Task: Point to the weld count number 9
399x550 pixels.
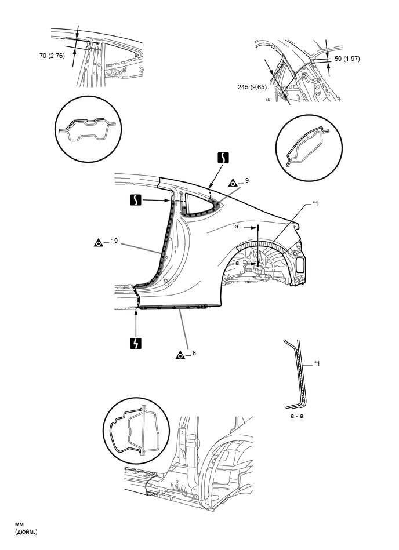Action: tap(246, 181)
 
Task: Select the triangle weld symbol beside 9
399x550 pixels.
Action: tap(232, 181)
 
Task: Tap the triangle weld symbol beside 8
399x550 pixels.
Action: tap(181, 354)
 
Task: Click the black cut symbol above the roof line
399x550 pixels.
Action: tap(223, 157)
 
